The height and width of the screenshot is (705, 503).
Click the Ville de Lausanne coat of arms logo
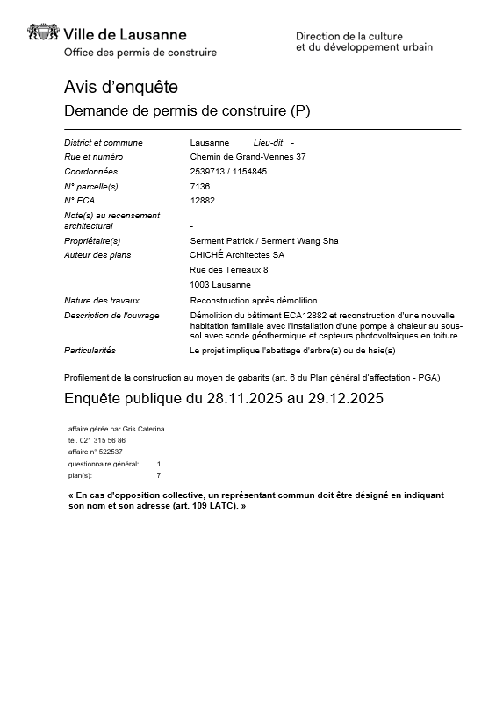pyautogui.click(x=44, y=33)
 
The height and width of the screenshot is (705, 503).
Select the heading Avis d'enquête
pyautogui.click(x=121, y=88)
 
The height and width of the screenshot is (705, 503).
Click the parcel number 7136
pyautogui.click(x=199, y=186)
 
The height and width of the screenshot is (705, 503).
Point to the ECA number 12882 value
pyautogui.click(x=202, y=200)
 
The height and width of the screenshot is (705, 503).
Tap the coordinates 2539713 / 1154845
pyautogui.click(x=228, y=172)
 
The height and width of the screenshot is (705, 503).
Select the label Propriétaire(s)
pyautogui.click(x=92, y=240)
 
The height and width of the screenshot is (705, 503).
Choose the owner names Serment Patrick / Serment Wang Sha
pyautogui.click(x=264, y=240)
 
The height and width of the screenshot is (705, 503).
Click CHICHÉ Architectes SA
pyautogui.click(x=237, y=255)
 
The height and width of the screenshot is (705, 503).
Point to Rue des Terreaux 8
pyautogui.click(x=229, y=270)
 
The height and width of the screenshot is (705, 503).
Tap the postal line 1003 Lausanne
pyautogui.click(x=220, y=285)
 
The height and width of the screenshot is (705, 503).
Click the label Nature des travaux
pyautogui.click(x=102, y=301)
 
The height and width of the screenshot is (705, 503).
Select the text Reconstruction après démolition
pyautogui.click(x=254, y=301)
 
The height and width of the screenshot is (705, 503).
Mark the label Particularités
pyautogui.click(x=90, y=351)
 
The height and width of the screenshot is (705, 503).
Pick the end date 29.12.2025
pyautogui.click(x=341, y=398)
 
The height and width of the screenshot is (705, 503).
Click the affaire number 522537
pyautogui.click(x=109, y=452)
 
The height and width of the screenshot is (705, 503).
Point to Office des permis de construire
pyautogui.click(x=140, y=53)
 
